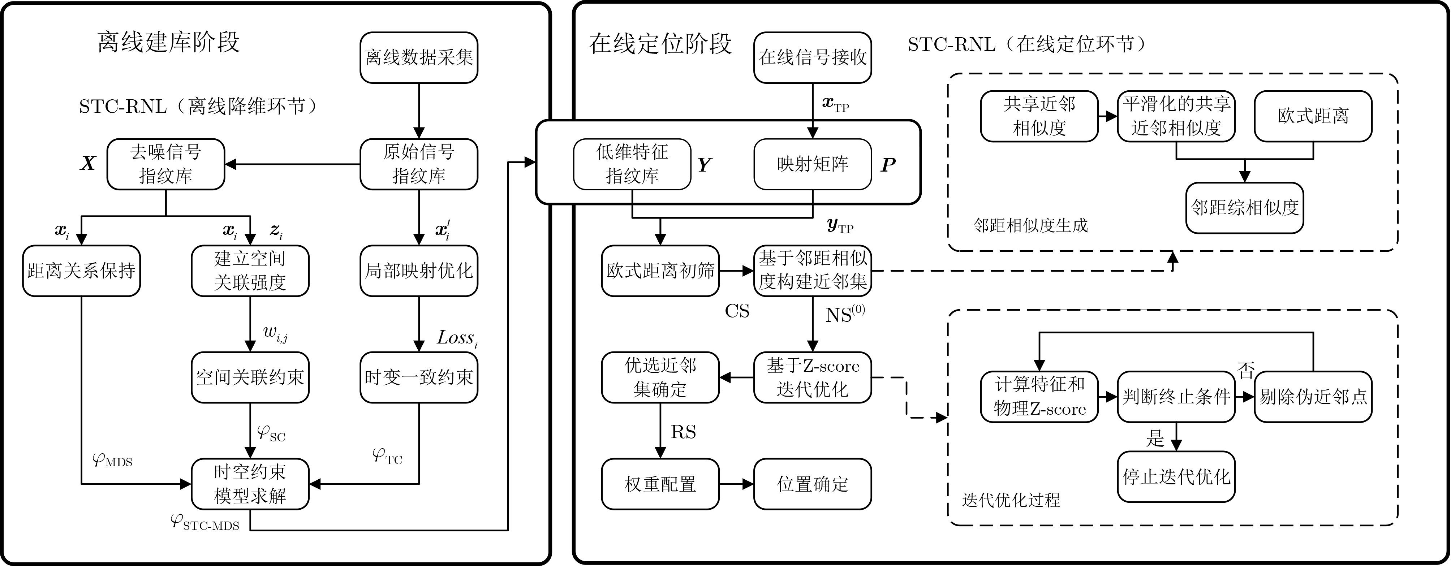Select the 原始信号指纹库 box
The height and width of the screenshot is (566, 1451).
(x=418, y=164)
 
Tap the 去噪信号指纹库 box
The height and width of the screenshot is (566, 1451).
(x=165, y=164)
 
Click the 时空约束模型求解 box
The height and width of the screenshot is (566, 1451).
(x=250, y=484)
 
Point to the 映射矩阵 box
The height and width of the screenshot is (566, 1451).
(x=812, y=164)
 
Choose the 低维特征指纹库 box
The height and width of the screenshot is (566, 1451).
(x=632, y=164)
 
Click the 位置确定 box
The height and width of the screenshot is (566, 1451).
(x=812, y=484)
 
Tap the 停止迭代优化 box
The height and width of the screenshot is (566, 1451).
(x=1176, y=476)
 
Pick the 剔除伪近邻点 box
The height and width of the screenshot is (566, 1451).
(x=1313, y=397)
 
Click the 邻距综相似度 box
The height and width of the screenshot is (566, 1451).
(x=1244, y=208)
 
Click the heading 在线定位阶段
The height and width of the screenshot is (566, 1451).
(x=660, y=43)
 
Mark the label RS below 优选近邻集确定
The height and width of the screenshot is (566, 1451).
(x=683, y=432)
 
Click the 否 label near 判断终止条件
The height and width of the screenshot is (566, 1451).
(x=1245, y=371)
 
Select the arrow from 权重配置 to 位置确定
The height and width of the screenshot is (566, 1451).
(x=736, y=484)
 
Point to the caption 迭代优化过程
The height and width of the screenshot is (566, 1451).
(x=1011, y=500)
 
